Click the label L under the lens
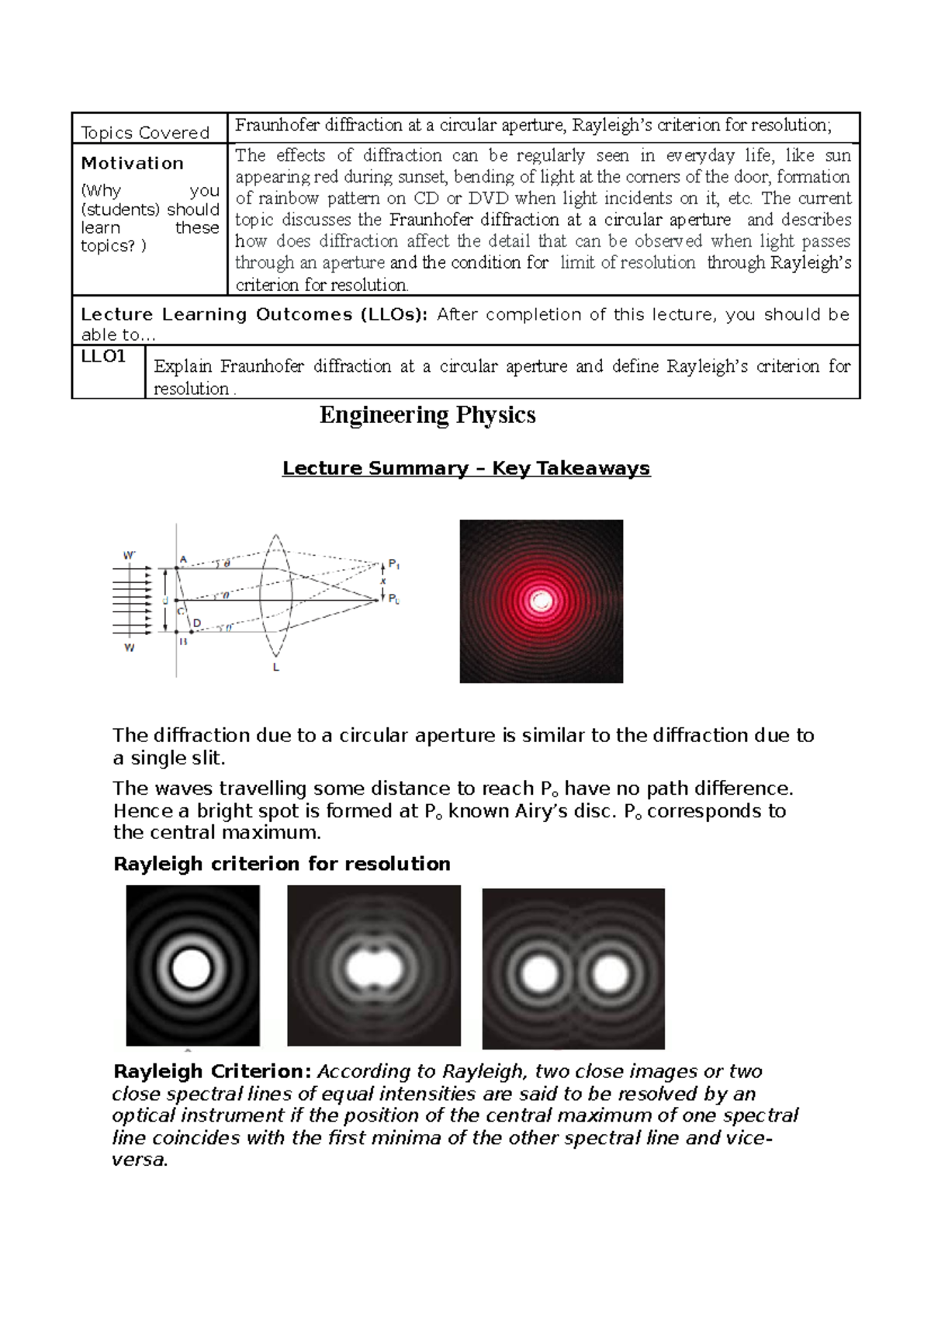(276, 667)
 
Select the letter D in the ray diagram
(196, 623)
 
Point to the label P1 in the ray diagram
(393, 564)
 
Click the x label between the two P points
(383, 581)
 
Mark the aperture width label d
(164, 601)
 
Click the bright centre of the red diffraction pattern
(542, 601)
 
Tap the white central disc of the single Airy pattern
(191, 968)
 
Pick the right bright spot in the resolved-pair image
(610, 973)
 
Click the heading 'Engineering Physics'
(427, 415)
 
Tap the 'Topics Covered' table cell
(146, 133)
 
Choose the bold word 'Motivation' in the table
(133, 163)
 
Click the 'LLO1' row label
(103, 356)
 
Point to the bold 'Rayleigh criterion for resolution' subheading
(282, 864)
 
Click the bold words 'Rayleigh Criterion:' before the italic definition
(213, 1071)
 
